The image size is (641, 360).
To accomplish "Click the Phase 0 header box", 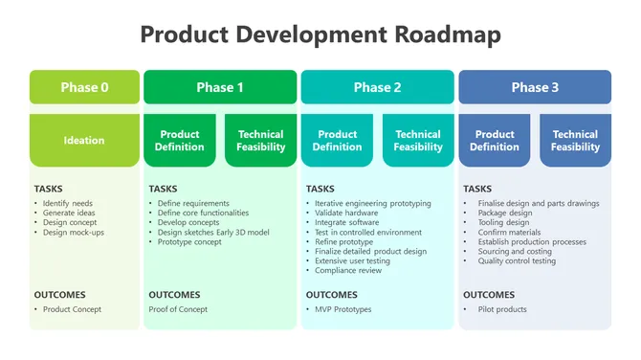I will [x=84, y=87].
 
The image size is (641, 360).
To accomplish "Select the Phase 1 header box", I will [x=220, y=87].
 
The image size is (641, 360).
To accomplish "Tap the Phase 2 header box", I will [x=377, y=87].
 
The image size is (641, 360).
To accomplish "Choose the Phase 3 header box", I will [x=535, y=87].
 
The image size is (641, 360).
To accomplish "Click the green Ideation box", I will [x=84, y=141].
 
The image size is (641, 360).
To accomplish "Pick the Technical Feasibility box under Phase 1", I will [x=261, y=141].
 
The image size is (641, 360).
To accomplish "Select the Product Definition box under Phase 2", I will [x=337, y=141].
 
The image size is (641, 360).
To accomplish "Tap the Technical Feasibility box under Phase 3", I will [x=575, y=141].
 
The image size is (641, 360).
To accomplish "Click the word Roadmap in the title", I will [x=447, y=35].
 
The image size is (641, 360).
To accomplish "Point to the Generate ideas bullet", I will [x=71, y=213].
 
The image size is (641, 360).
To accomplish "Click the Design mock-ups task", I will [x=74, y=233].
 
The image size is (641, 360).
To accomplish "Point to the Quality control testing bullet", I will [x=517, y=261].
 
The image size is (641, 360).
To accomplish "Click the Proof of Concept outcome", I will [x=178, y=309].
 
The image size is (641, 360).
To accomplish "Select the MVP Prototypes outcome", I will [x=343, y=309].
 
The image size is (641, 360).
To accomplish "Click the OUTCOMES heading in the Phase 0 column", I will [x=60, y=295].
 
